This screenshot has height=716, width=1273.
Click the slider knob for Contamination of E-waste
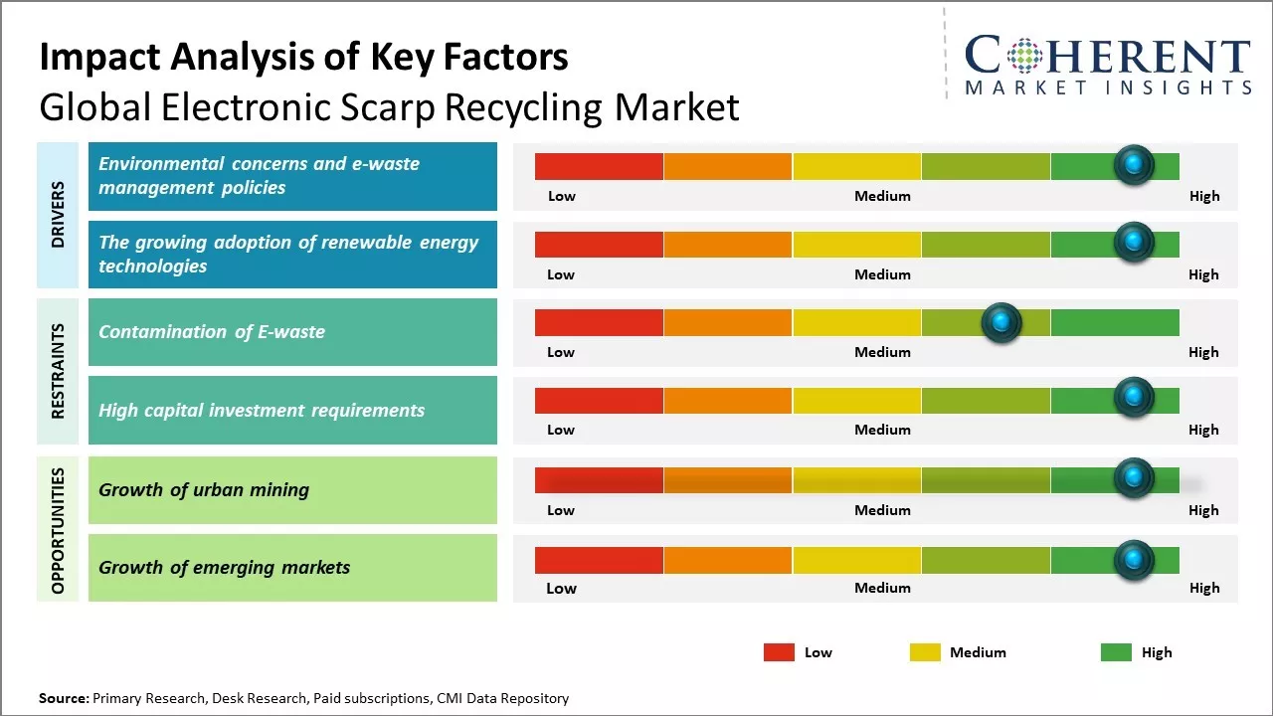(x=1001, y=322)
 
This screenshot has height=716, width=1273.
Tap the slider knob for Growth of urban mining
(x=1134, y=478)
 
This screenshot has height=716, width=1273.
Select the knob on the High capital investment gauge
(x=1134, y=398)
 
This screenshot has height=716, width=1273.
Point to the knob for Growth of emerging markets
(x=1134, y=560)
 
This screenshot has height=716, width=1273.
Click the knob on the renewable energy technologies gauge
(x=1134, y=242)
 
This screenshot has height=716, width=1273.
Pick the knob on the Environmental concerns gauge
(x=1134, y=164)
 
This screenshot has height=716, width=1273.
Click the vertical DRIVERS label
(x=58, y=214)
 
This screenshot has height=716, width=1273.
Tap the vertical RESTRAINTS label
(x=58, y=371)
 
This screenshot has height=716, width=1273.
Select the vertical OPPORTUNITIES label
(x=58, y=530)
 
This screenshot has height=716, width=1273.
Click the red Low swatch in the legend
(x=779, y=652)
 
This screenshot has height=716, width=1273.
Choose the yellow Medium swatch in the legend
(x=925, y=652)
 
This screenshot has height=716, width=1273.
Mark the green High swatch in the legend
(x=1116, y=652)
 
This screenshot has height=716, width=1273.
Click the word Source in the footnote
(x=64, y=698)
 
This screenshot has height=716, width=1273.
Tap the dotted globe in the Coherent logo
(x=1026, y=57)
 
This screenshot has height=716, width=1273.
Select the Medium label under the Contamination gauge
(x=882, y=352)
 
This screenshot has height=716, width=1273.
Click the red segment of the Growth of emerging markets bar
(x=599, y=560)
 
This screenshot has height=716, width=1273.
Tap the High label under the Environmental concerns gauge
(x=1203, y=196)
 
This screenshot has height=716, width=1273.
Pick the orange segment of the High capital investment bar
(x=727, y=400)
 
